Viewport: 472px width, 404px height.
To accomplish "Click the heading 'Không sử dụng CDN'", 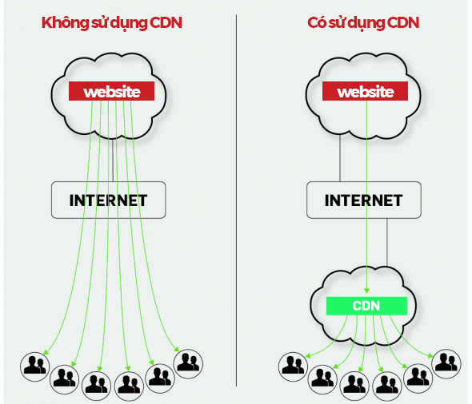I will point(111,22).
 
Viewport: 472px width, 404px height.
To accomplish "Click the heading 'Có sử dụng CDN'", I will point(363,22).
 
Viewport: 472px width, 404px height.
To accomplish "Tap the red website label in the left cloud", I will point(111,92).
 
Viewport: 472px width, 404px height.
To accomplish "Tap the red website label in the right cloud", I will point(365,92).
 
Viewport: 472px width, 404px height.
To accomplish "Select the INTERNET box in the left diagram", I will point(109,200).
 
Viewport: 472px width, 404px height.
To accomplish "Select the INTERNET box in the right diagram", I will point(364,200).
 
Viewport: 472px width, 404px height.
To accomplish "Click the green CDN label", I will point(366,305).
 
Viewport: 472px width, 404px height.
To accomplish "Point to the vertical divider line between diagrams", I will point(237,200).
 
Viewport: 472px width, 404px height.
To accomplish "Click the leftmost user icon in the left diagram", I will point(34,366).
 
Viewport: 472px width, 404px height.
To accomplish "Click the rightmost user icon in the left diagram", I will point(187,363).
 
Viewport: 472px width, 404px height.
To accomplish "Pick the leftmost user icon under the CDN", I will point(292,366).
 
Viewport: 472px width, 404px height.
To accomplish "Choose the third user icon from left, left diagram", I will point(96,383).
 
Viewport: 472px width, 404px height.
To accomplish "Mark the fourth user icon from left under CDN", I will point(386,383).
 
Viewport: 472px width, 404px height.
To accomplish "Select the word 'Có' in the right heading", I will point(318,22).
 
